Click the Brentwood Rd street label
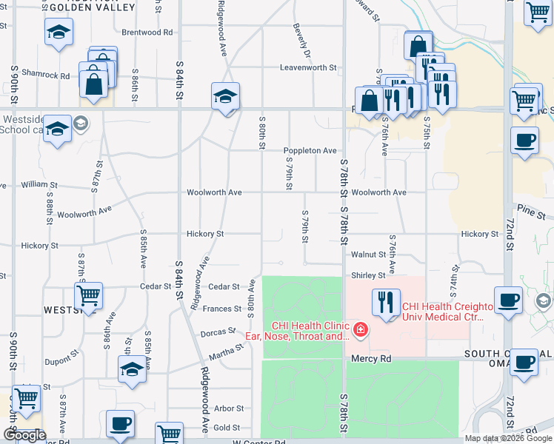(147, 33)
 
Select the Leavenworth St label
(307, 67)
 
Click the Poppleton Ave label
(310, 151)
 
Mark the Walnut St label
(368, 255)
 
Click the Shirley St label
(368, 275)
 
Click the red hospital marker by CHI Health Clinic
(360, 329)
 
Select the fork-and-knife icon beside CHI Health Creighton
(385, 302)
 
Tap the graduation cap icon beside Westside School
(57, 129)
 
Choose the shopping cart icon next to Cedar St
(88, 295)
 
